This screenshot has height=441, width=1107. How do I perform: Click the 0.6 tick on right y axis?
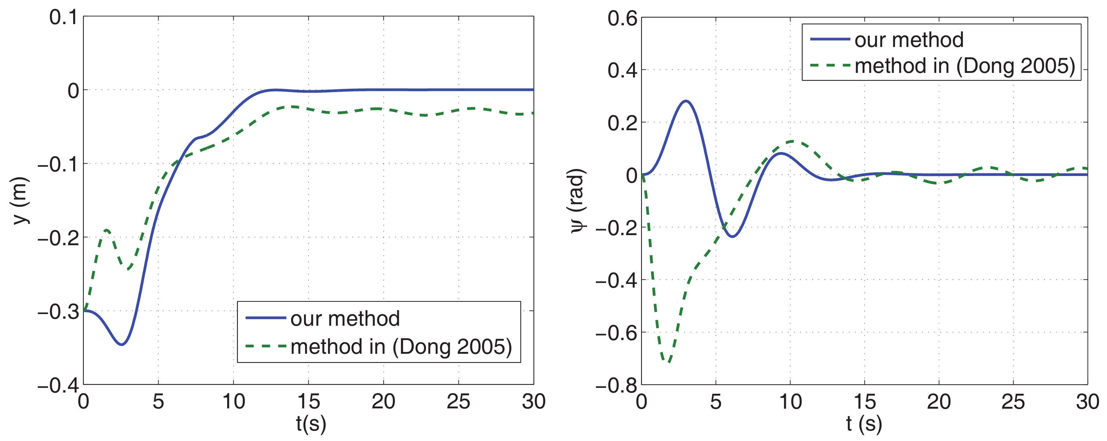click(x=622, y=19)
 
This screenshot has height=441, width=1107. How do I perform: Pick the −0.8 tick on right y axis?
click(x=616, y=385)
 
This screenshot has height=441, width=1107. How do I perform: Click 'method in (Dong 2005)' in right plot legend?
click(x=964, y=66)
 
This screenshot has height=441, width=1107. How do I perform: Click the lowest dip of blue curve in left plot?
click(x=122, y=344)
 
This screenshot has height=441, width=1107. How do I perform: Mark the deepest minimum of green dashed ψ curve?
click(x=667, y=361)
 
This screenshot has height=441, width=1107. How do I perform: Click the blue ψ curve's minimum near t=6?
click(x=732, y=236)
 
